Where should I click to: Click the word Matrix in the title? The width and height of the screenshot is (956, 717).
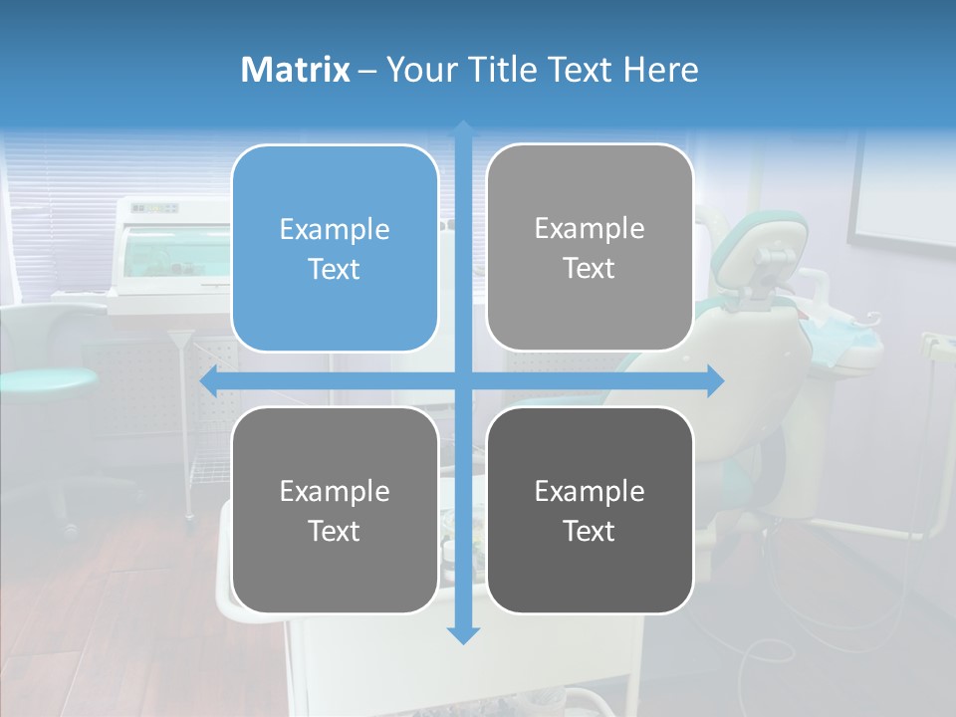pyautogui.click(x=295, y=70)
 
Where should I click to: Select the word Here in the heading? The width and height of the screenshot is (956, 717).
pyautogui.click(x=661, y=70)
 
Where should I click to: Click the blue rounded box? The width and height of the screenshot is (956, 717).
pyautogui.click(x=335, y=248)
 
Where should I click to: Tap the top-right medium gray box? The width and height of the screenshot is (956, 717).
pyautogui.click(x=590, y=247)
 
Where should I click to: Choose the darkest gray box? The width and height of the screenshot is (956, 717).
pyautogui.click(x=590, y=510)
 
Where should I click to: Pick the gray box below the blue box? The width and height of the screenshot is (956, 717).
pyautogui.click(x=335, y=510)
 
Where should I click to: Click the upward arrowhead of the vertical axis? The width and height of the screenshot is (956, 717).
pyautogui.click(x=463, y=129)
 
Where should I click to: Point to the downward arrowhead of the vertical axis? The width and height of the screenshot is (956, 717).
pyautogui.click(x=463, y=634)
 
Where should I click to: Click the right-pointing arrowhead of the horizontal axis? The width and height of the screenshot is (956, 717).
pyautogui.click(x=715, y=380)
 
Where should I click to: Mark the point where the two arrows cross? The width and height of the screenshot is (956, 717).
pyautogui.click(x=463, y=380)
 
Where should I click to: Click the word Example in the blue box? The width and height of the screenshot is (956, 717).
pyautogui.click(x=335, y=229)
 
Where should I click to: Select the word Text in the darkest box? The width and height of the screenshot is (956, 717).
pyautogui.click(x=590, y=531)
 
